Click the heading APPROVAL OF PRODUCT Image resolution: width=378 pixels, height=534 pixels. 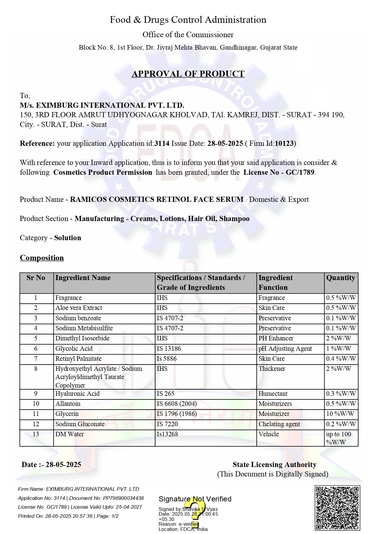(188, 74)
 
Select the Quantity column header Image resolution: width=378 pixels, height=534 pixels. (341, 278)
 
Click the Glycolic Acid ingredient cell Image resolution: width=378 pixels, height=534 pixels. (74, 349)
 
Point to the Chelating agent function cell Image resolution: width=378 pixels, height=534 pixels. (279, 424)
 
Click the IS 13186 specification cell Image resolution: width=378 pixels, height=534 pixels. (169, 349)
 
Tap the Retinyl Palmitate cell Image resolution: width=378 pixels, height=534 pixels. (78, 359)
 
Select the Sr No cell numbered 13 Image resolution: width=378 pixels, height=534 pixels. (36, 434)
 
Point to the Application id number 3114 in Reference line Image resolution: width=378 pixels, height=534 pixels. (162, 143)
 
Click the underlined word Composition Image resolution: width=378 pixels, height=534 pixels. (42, 258)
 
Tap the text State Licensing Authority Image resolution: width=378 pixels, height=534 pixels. (274, 465)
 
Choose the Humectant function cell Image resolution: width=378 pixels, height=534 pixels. (273, 394)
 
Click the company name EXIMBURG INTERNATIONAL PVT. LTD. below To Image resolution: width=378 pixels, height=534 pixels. (102, 105)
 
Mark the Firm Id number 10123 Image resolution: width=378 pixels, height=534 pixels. (284, 143)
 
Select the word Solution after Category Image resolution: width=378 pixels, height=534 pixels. (68, 238)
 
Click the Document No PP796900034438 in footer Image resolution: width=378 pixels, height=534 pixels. (123, 498)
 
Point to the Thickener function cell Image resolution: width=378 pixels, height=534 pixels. (272, 369)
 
